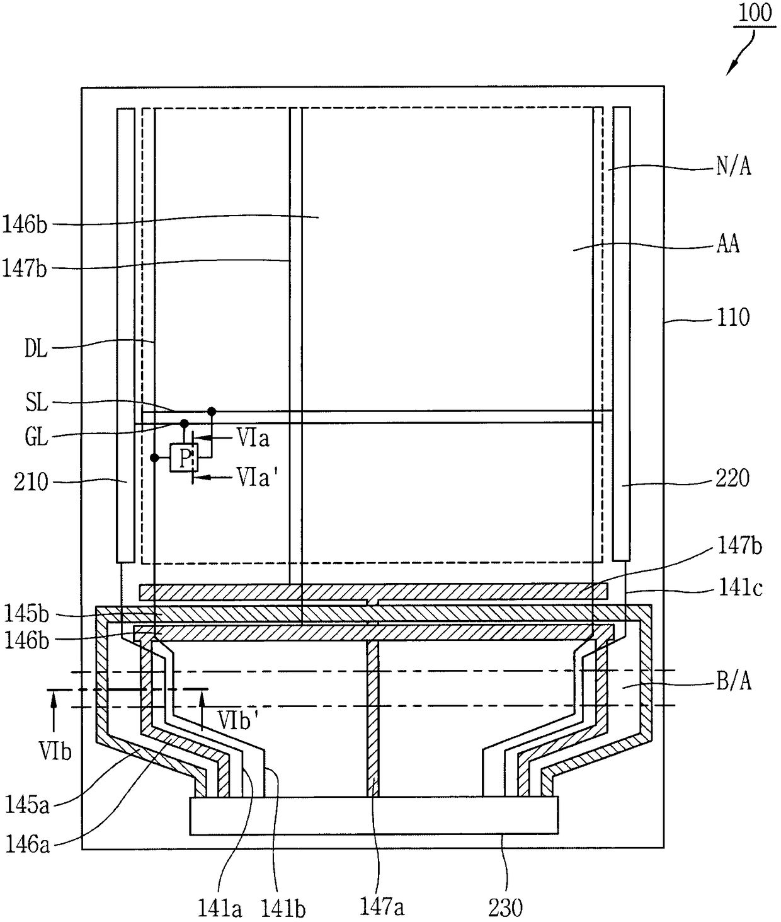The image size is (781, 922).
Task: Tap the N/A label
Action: click(734, 167)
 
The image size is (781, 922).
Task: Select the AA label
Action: click(728, 244)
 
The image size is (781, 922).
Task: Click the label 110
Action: click(733, 317)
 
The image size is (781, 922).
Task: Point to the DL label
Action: click(36, 349)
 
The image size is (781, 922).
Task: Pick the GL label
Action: click(37, 437)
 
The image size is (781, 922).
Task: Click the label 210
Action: click(31, 482)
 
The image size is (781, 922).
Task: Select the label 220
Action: click(733, 478)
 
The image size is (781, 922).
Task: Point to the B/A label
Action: click(734, 681)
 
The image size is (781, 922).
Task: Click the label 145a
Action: click(26, 804)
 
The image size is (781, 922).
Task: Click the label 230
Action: click(506, 908)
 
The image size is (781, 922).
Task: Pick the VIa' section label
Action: click(254, 477)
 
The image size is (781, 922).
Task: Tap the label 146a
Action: click(26, 843)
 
